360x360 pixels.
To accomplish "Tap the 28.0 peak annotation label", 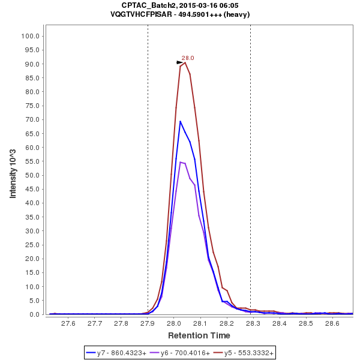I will [x=188, y=58].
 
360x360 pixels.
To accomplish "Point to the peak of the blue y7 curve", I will [x=180, y=121].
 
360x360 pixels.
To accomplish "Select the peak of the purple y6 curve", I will [x=180, y=162].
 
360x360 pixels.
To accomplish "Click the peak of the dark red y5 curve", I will [x=185, y=62].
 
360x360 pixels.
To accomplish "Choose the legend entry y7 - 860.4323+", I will [x=117, y=353].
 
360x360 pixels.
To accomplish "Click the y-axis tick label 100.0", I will [x=30, y=36].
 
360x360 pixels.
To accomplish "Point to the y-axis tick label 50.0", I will [x=32, y=175].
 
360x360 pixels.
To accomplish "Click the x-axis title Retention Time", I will [x=199, y=335].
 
